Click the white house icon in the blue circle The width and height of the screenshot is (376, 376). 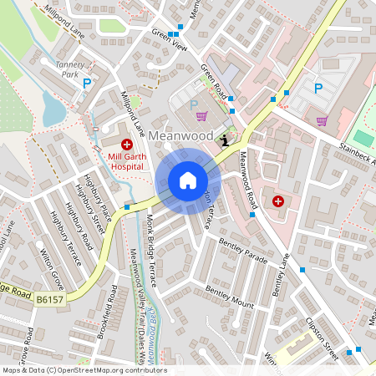(188, 180)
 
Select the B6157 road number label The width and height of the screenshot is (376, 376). (49, 297)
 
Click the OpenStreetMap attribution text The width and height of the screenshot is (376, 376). (84, 370)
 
